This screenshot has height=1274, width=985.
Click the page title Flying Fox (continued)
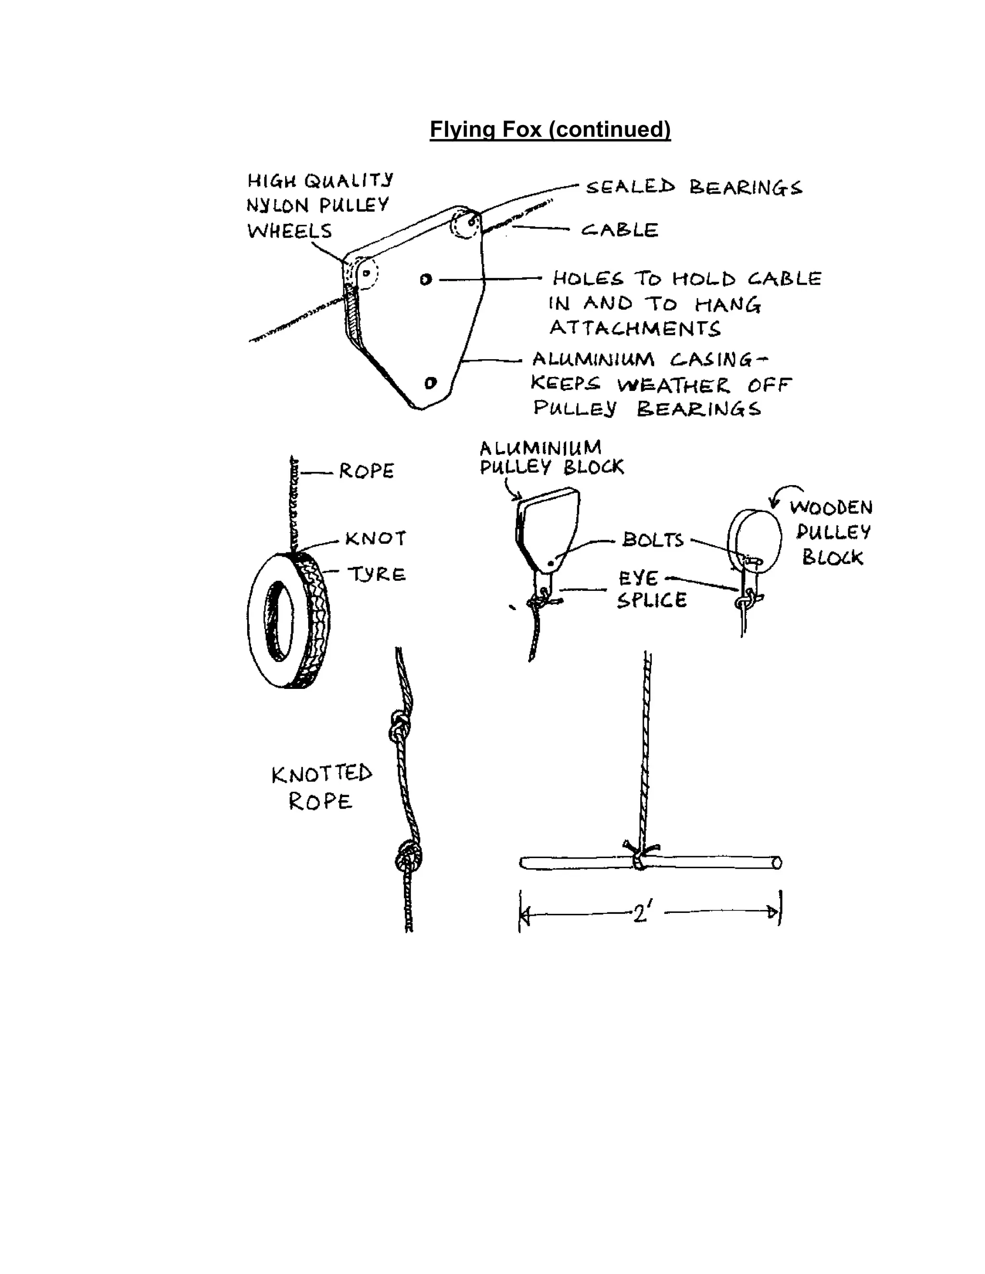coord(550,129)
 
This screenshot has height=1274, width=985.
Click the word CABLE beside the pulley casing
coord(619,230)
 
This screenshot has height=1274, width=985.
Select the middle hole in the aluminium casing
coord(425,280)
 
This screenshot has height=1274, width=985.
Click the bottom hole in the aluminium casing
coord(430,383)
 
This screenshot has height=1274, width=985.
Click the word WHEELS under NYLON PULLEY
coord(290,231)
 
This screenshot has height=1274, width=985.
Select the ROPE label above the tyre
coord(366,471)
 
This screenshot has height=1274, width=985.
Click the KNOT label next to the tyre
coord(375,538)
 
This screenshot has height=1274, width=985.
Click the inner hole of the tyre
coord(279,621)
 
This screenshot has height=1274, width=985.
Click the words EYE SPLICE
coord(651,590)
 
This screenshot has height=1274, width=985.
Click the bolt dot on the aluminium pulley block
coord(550,563)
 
